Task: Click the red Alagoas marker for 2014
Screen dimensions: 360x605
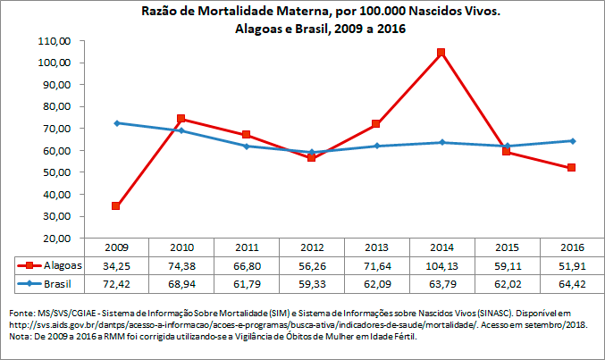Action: click(441, 53)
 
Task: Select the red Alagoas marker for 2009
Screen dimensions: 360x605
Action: click(116, 206)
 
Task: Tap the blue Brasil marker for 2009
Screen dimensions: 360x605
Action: click(116, 123)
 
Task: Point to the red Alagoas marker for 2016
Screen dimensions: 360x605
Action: click(570, 168)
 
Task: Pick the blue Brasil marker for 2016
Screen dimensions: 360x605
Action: click(570, 140)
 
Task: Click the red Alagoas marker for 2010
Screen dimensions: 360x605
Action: click(181, 119)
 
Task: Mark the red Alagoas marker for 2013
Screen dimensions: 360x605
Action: click(376, 124)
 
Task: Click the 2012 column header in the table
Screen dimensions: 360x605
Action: click(311, 247)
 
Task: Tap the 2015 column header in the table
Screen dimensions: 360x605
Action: click(506, 247)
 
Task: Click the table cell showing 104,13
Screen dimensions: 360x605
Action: click(441, 265)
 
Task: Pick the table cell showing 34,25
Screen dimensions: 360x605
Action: click(116, 265)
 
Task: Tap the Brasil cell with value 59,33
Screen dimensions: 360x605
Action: click(311, 283)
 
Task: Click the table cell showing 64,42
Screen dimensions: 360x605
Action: click(570, 283)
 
